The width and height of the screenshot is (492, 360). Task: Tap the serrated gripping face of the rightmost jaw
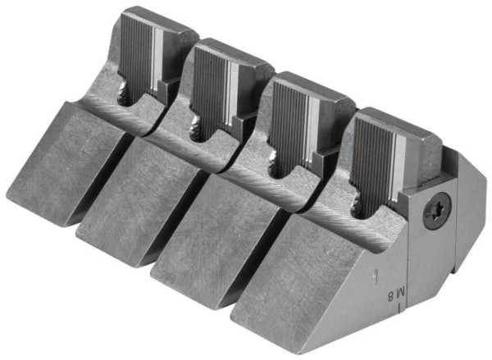(371, 164)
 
